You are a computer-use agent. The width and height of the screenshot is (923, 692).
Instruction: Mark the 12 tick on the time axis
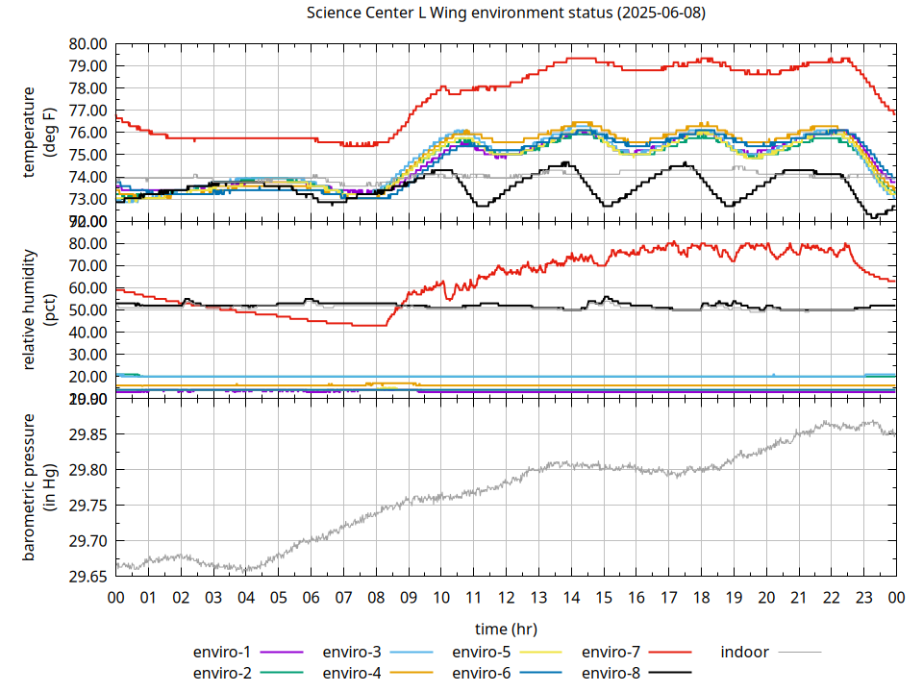tap(506, 597)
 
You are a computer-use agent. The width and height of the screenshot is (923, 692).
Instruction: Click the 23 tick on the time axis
tap(863, 597)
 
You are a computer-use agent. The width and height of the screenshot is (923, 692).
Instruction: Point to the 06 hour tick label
tap(311, 597)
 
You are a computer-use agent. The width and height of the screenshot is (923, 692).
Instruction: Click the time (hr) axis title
tap(506, 629)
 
